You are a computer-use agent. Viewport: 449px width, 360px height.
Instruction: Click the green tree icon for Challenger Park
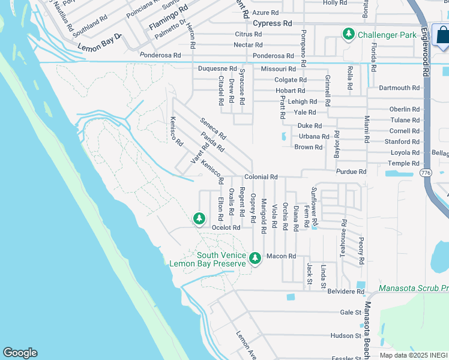pos(348,35)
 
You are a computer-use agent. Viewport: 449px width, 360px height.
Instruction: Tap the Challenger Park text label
pos(387,35)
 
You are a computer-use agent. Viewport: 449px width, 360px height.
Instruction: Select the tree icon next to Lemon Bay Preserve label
pos(255,258)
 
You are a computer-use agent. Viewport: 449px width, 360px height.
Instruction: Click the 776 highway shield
pos(426,173)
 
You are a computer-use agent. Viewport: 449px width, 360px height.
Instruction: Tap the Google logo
pos(20,353)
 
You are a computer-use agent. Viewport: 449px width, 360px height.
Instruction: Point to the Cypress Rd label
pos(272,23)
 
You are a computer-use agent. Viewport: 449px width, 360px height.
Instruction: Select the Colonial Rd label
pos(261,178)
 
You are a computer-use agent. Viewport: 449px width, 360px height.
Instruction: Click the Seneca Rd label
pos(212,127)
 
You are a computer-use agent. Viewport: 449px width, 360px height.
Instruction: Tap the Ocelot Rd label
pos(226,228)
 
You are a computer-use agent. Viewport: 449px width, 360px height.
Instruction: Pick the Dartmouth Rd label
pos(399,88)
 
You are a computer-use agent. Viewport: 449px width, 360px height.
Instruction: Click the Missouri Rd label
pos(278,70)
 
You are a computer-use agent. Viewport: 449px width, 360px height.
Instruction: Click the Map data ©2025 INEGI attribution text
pos(413,355)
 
